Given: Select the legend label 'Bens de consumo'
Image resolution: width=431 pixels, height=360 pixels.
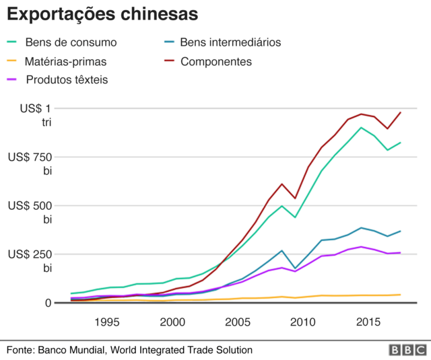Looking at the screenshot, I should (x=71, y=42).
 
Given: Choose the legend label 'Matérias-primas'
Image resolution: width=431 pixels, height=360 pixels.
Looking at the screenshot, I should (x=65, y=62).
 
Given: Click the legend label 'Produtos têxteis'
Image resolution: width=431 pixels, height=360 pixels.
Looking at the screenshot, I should (x=67, y=80).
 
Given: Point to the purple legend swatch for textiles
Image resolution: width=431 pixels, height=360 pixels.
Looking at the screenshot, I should (x=13, y=80).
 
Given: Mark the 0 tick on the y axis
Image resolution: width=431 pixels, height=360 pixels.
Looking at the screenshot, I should (x=48, y=303).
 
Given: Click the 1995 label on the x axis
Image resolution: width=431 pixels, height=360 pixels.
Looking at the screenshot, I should (x=107, y=322).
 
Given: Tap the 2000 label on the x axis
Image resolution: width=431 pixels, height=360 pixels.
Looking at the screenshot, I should (x=172, y=322).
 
